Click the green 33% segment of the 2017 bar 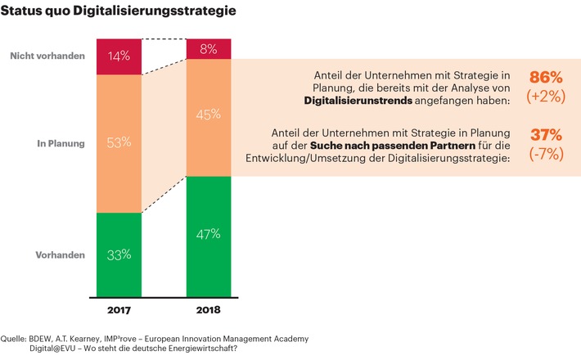[x=119, y=254]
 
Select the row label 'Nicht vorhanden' [x=47, y=56]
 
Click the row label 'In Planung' [x=61, y=144]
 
